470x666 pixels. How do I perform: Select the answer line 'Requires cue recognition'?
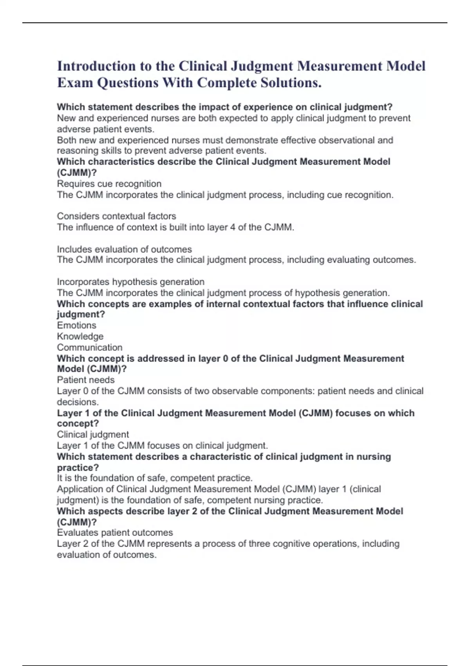pyautogui.click(x=109, y=184)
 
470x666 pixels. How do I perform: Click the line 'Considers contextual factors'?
pyautogui.click(x=116, y=216)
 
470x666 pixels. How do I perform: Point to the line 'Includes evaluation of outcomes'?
pyautogui.click(x=124, y=249)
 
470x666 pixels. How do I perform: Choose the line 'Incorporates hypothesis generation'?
pyautogui.click(x=130, y=282)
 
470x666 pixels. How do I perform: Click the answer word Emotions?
pyautogui.click(x=76, y=325)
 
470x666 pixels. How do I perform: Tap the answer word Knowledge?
pyautogui.click(x=80, y=336)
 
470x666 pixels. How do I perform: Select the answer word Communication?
pyautogui.click(x=89, y=347)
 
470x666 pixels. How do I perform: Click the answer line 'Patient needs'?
pyautogui.click(x=85, y=380)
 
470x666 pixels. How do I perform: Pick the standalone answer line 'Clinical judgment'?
pyautogui.click(x=92, y=434)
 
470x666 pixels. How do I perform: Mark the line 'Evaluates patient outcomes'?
pyautogui.click(x=114, y=532)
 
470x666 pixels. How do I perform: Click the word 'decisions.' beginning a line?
pyautogui.click(x=78, y=402)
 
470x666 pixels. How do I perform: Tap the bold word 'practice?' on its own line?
pyautogui.click(x=78, y=467)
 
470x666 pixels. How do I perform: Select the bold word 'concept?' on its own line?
pyautogui.click(x=78, y=423)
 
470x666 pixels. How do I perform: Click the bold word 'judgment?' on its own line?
pyautogui.click(x=81, y=314)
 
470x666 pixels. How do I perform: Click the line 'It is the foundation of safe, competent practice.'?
pyautogui.click(x=154, y=478)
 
